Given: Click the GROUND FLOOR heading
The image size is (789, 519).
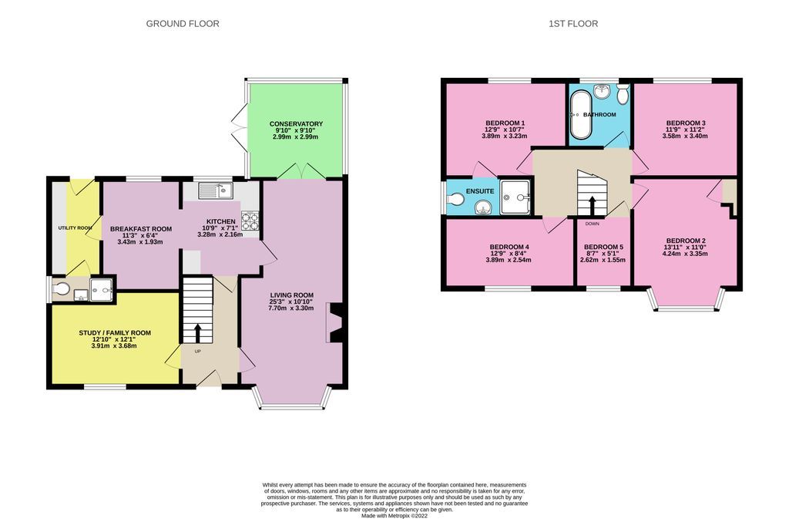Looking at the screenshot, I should coord(183,24).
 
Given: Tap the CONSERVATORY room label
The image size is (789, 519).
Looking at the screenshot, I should coord(296,124).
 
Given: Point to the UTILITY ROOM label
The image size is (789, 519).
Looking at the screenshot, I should coord(75,228).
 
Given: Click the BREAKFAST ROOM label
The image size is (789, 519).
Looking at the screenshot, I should coord(140,229).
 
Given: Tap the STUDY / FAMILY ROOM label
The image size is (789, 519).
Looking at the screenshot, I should coord(115,333).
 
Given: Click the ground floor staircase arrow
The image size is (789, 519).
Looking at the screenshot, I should coord(197,332).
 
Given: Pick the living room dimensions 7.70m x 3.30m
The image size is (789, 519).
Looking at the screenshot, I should coord(291,308).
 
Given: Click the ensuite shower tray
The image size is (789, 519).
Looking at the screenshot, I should coord(515,197).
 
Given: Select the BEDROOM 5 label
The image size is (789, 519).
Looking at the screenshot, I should coord(603,247).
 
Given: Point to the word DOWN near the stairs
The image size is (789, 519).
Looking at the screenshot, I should coord(592,224).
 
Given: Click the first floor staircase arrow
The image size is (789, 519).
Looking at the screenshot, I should coord(592,204).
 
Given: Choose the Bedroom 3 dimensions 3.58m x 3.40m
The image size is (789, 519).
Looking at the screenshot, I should coord(686,136).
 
